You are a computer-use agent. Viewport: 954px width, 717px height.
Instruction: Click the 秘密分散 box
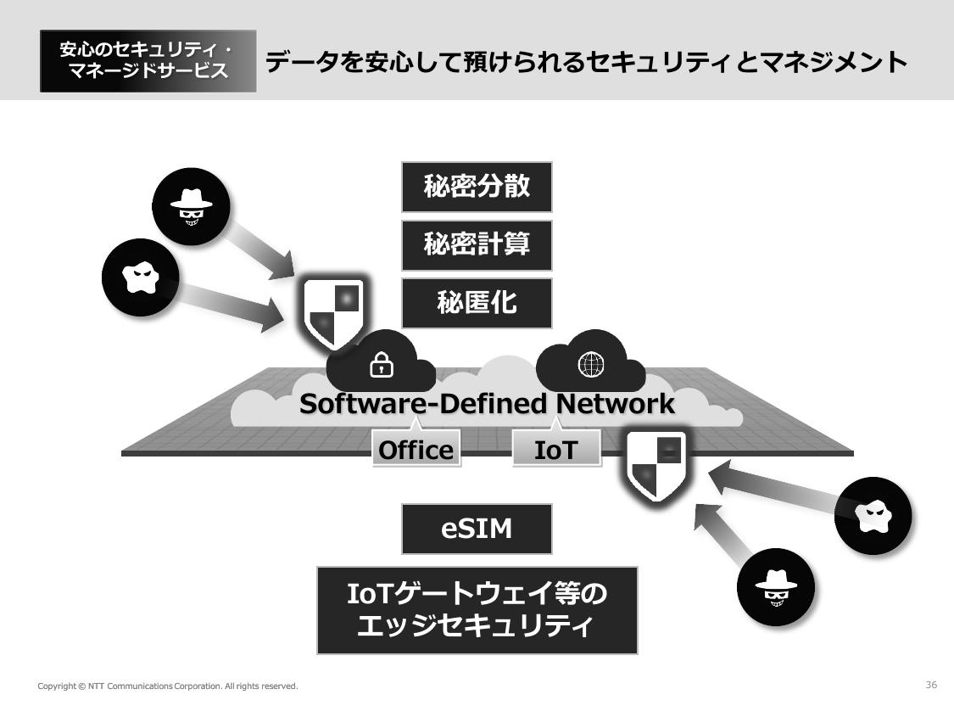[x=477, y=187]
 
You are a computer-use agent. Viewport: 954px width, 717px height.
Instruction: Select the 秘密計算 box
[x=477, y=245]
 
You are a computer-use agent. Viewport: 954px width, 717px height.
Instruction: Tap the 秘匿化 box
[x=477, y=303]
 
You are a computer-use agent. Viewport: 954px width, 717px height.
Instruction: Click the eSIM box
[x=477, y=529]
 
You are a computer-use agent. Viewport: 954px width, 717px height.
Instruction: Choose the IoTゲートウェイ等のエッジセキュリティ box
[x=477, y=610]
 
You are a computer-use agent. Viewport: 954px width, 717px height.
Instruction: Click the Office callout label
[x=416, y=449]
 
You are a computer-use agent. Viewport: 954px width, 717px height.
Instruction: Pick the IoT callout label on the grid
[x=555, y=449]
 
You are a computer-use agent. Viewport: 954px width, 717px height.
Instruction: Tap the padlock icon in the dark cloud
[x=382, y=366]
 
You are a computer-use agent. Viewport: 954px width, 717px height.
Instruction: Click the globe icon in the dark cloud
[x=591, y=365]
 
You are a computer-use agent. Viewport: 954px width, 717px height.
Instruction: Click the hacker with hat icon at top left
[x=190, y=207]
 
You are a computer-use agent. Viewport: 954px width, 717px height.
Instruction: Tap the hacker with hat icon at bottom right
[x=775, y=586]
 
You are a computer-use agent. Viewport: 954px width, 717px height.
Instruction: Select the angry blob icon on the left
[x=140, y=277]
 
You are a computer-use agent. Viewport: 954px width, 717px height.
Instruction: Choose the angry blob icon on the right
[x=873, y=515]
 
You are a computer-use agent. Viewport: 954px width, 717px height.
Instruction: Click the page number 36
[x=931, y=685]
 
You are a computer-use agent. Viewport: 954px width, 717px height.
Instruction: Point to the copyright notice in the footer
[x=168, y=686]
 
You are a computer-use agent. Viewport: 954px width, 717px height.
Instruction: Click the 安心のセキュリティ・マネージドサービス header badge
[x=148, y=61]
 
